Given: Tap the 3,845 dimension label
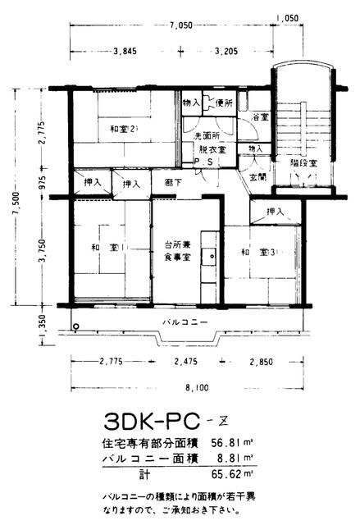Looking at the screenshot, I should click(125, 51).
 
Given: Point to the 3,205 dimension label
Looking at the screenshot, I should click(228, 51).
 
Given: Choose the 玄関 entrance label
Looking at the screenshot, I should click(257, 176).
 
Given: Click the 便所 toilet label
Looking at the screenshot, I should click(223, 104).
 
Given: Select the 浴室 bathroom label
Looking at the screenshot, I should click(261, 118).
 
